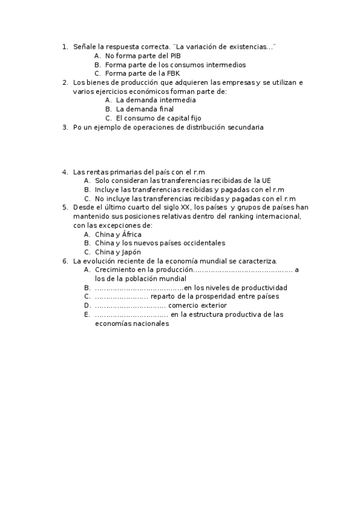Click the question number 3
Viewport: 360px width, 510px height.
coord(64,127)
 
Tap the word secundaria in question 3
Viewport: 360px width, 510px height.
coord(244,127)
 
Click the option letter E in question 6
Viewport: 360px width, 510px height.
coord(87,315)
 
